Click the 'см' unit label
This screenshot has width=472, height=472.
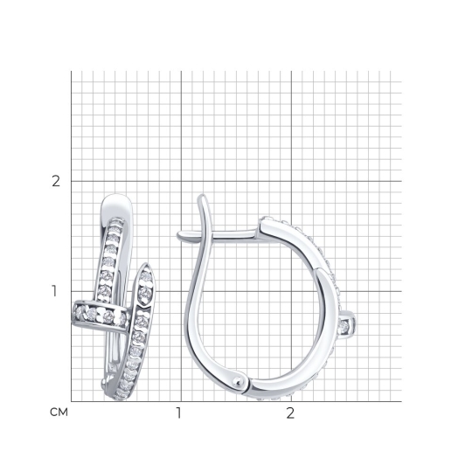click(x=59, y=412)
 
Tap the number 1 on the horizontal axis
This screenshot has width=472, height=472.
click(x=179, y=413)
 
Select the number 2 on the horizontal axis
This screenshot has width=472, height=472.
click(x=290, y=413)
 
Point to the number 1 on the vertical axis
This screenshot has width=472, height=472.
click(x=54, y=291)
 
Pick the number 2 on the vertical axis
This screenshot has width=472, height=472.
click(x=56, y=181)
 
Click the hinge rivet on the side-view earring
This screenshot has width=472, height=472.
click(x=239, y=382)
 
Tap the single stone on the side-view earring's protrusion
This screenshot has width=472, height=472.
click(x=344, y=327)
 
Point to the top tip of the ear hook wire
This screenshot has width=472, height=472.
click(x=202, y=196)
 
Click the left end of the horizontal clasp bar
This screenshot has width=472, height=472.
click(x=178, y=235)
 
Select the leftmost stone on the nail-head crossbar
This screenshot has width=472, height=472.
click(x=80, y=312)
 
